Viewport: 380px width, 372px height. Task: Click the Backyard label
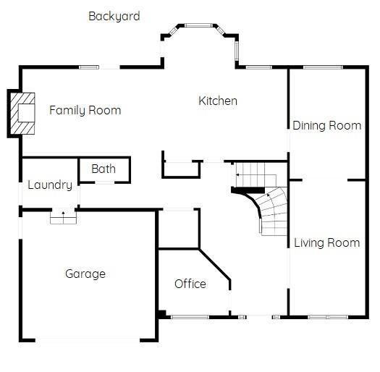coord(114,16)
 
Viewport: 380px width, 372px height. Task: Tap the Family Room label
coord(85,111)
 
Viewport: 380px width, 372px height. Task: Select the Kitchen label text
coord(218,101)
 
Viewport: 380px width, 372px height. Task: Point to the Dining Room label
coord(326,126)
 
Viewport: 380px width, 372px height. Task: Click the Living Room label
coord(326,243)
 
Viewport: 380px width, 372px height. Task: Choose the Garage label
coord(85,274)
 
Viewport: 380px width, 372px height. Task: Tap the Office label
coord(190,284)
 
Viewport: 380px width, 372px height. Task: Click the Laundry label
coord(49,185)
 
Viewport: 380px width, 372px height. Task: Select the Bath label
coord(104,169)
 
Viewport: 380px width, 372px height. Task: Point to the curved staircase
coord(271,210)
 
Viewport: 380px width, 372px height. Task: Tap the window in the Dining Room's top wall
coord(323,68)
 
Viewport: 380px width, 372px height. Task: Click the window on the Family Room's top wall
coord(89,68)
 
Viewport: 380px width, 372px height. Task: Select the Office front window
coord(190,316)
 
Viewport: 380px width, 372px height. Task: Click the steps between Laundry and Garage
coord(63,216)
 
